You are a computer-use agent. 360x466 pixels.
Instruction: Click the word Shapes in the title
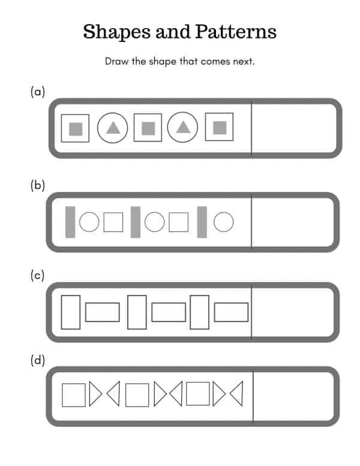pyautogui.click(x=116, y=32)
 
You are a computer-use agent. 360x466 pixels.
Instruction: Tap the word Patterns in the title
pyautogui.click(x=236, y=31)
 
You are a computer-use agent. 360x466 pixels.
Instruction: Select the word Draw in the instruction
pyautogui.click(x=116, y=61)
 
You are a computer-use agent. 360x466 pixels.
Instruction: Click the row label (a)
pyautogui.click(x=38, y=92)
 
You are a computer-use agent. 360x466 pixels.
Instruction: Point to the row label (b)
pyautogui.click(x=38, y=185)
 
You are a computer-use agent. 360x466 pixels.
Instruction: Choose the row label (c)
pyautogui.click(x=37, y=275)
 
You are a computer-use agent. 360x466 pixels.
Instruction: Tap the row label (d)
pyautogui.click(x=38, y=360)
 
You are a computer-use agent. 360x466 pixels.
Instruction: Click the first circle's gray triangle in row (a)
pyautogui.click(x=113, y=128)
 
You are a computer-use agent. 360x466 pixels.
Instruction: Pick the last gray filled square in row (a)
pyautogui.click(x=220, y=128)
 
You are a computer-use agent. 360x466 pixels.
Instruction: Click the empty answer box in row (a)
pyautogui.click(x=294, y=128)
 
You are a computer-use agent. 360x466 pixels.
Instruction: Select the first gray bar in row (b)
pyautogui.click(x=70, y=222)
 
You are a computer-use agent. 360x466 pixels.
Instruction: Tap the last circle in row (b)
pyautogui.click(x=224, y=212)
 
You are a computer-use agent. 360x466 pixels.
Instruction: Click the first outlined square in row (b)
pyautogui.click(x=113, y=213)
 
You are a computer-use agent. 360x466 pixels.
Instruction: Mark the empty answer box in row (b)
pyautogui.click(x=293, y=223)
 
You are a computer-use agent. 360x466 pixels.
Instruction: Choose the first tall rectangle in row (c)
pyautogui.click(x=62, y=312)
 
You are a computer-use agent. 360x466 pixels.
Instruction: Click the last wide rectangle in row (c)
pyautogui.click(x=231, y=303)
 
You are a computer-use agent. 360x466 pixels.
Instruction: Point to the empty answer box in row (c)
pyautogui.click(x=293, y=312)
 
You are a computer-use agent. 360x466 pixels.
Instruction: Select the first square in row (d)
pyautogui.click(x=62, y=395)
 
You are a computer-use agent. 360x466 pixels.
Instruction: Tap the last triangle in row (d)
pyautogui.click(x=242, y=394)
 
